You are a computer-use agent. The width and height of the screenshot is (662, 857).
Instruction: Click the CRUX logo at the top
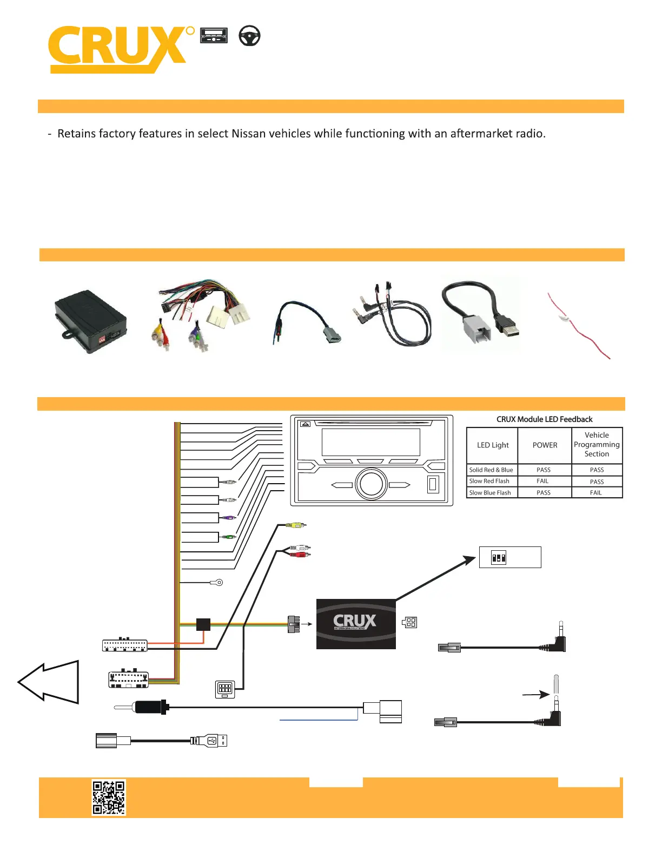pos(119,49)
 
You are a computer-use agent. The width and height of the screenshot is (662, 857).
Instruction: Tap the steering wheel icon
pos(249,36)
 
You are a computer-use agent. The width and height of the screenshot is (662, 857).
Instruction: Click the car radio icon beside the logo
pos(214,36)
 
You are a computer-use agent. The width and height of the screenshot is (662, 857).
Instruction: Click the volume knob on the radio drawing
pos(372,484)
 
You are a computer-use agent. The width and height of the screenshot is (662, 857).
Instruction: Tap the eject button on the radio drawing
pos(305,425)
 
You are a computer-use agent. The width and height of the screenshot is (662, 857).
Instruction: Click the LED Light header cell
pos(492,445)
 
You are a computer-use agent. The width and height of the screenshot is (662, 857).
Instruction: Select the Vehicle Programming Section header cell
pos(597,445)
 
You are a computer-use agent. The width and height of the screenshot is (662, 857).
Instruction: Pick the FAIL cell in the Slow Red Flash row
pos(542,481)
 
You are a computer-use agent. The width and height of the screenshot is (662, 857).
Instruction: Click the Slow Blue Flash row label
pos(490,493)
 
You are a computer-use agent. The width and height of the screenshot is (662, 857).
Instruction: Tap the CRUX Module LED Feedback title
pos(544,419)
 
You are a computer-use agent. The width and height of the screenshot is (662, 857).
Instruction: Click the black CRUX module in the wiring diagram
pos(356,624)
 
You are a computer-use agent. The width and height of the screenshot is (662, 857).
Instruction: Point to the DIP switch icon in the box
pos(499,557)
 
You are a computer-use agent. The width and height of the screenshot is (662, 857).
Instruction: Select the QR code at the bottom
pos(109,797)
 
